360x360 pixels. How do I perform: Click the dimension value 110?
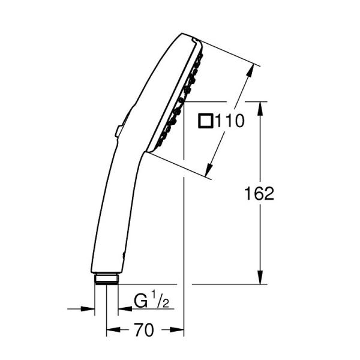(x=230, y=122)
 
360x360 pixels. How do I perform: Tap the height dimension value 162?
(x=259, y=193)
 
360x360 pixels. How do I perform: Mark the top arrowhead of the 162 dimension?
(x=260, y=107)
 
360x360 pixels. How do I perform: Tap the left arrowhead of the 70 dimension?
(x=112, y=329)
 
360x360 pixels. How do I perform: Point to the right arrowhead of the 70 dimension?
(x=178, y=329)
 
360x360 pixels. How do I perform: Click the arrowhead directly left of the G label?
(x=122, y=309)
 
